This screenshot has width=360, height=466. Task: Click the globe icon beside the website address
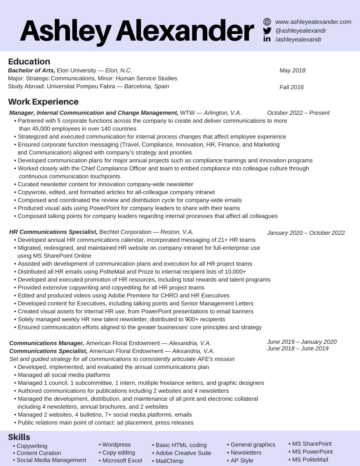(x=267, y=22)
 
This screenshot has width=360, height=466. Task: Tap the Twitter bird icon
(x=267, y=30)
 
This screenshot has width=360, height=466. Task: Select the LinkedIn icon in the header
(x=267, y=39)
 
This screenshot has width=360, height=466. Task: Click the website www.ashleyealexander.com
(x=313, y=22)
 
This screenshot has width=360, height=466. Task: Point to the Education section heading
(x=29, y=61)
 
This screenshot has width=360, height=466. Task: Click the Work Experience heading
(x=43, y=102)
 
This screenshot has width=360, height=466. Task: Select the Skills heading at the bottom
(x=19, y=437)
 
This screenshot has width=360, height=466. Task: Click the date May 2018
(x=292, y=71)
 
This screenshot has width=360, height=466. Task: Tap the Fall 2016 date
(x=292, y=87)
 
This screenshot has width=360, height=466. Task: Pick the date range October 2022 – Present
(x=298, y=113)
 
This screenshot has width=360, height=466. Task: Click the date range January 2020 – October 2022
(x=306, y=233)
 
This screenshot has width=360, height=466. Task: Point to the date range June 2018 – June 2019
(x=298, y=349)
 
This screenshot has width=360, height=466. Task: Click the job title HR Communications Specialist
(x=53, y=232)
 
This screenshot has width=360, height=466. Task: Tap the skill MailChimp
(x=169, y=461)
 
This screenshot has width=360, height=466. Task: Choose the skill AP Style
(x=242, y=461)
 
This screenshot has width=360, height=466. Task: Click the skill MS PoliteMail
(x=310, y=460)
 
